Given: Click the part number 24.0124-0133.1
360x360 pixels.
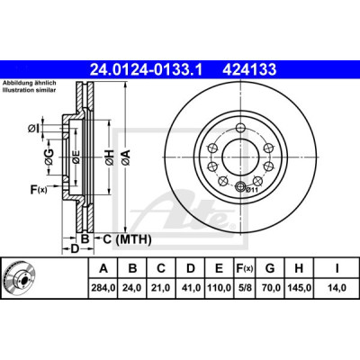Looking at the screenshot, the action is point(147,70).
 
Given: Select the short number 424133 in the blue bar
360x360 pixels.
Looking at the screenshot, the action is point(249,70).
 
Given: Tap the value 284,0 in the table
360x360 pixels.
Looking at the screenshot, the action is point(103,288).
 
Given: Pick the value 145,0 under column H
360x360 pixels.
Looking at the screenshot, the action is point(299,288).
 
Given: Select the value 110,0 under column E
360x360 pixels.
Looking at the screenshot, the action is point(220,288).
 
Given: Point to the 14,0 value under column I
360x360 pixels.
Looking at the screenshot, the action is point(337,288).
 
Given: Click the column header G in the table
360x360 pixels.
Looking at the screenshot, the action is point(270,268).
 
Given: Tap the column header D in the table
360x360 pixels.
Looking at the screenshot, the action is point(191,268).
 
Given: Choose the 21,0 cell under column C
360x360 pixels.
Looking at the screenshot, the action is point(161,288).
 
